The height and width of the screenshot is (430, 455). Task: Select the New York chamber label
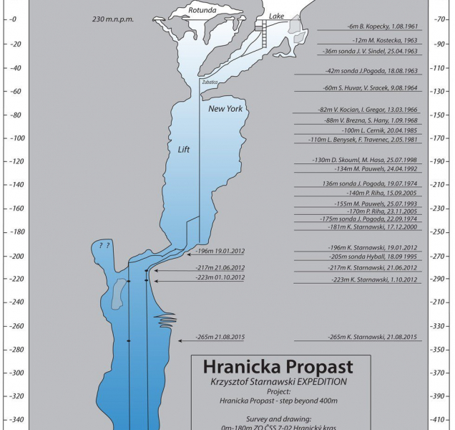(225, 109)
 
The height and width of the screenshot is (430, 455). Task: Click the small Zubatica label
(210, 82)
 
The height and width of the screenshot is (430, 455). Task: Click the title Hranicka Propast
(280, 367)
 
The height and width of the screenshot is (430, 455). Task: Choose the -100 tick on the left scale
(14, 138)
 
